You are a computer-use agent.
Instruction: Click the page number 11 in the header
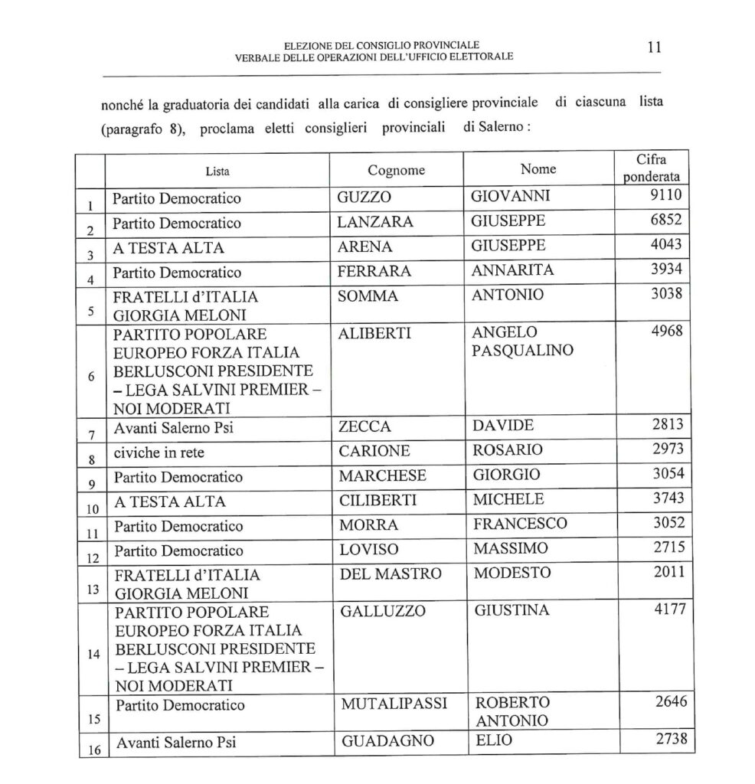654,47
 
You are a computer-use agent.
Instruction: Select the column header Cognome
396,170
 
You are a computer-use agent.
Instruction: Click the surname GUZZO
364,198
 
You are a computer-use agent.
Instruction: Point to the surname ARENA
365,247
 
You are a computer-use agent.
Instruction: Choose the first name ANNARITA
512,271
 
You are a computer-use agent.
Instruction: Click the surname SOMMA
368,296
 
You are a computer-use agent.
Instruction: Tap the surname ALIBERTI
375,333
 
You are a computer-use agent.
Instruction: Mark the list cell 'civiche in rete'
158,450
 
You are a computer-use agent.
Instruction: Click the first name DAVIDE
504,425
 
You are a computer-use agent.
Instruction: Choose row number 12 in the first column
91,558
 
